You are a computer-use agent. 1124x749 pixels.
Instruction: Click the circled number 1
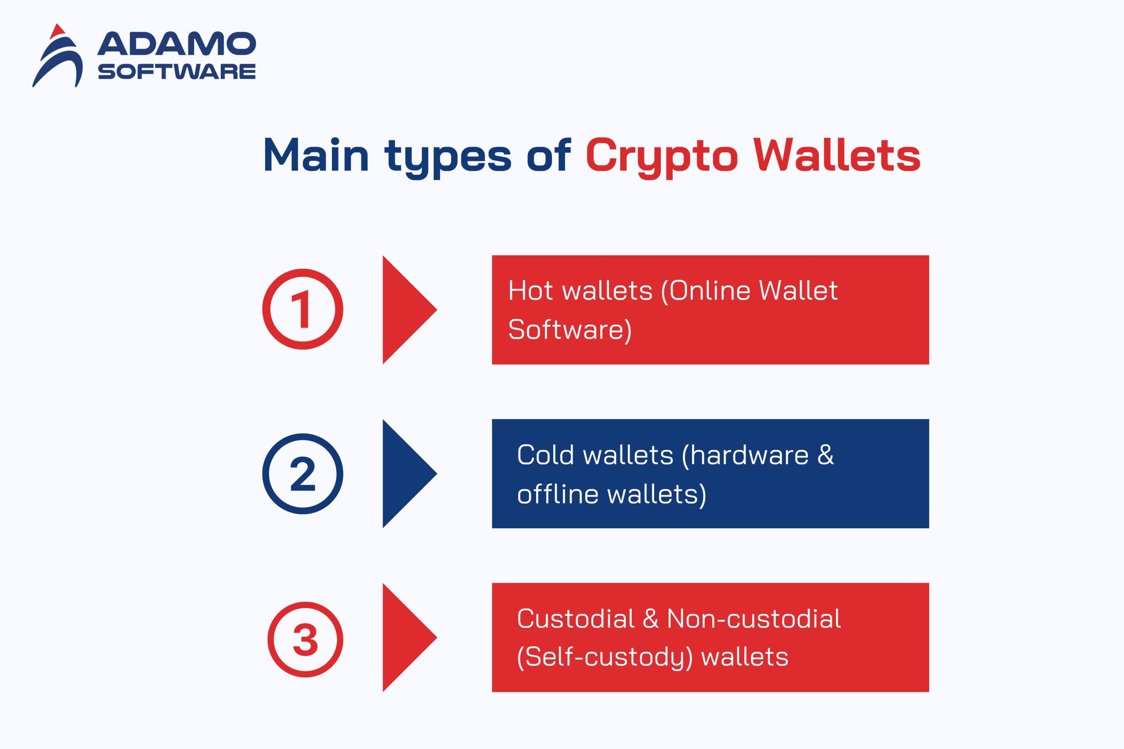(x=303, y=309)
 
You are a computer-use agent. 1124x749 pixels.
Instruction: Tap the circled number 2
(x=303, y=473)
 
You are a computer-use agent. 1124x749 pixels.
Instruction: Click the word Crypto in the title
(x=661, y=157)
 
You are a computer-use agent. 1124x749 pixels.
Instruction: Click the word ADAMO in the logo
(x=177, y=44)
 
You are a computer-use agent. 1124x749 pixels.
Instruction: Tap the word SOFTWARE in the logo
(x=177, y=72)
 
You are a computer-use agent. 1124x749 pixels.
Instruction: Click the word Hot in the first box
(x=530, y=290)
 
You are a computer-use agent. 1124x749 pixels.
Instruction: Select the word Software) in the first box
(x=569, y=330)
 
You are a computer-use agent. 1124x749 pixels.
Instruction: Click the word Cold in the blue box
(x=545, y=455)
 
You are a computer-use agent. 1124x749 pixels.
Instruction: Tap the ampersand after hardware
(x=825, y=455)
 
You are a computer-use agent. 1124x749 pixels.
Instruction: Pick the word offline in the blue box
(x=557, y=494)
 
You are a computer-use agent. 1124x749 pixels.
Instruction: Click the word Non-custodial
(x=753, y=619)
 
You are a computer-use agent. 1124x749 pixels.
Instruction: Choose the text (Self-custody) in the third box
(x=605, y=657)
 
